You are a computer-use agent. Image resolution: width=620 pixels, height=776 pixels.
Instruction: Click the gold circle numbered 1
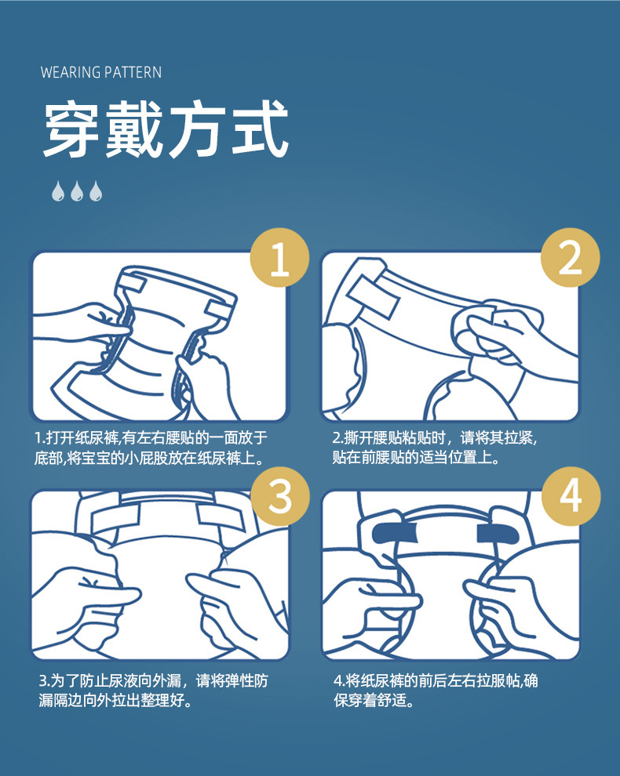point(279,257)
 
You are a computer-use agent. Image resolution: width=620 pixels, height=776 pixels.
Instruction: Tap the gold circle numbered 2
point(570,257)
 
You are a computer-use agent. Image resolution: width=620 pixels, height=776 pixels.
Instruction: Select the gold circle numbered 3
point(280,496)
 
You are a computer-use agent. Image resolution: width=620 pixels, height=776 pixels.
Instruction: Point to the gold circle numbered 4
point(571,496)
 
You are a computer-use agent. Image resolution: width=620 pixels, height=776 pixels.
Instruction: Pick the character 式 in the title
point(261,129)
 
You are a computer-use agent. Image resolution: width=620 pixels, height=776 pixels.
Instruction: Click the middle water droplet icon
point(77,191)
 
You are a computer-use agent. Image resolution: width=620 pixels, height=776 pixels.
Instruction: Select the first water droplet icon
point(58,191)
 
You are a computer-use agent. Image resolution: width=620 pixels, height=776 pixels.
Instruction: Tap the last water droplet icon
point(96,191)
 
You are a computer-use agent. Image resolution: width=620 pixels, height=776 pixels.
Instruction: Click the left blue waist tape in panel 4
point(395,533)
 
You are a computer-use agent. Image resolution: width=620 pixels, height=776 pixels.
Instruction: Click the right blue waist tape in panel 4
point(498,534)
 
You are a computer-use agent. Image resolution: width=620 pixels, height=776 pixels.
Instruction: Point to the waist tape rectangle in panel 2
point(373,297)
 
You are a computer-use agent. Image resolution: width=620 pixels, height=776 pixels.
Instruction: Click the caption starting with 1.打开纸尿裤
point(151,448)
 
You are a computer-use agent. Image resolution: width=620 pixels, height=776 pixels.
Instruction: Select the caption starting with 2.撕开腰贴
point(435,448)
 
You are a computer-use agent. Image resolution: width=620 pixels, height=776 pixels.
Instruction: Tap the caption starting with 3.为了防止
point(154,691)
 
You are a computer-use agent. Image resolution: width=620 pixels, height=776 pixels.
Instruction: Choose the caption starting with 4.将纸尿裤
point(436,691)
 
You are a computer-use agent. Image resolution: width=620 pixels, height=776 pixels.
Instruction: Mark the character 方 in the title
point(197,129)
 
